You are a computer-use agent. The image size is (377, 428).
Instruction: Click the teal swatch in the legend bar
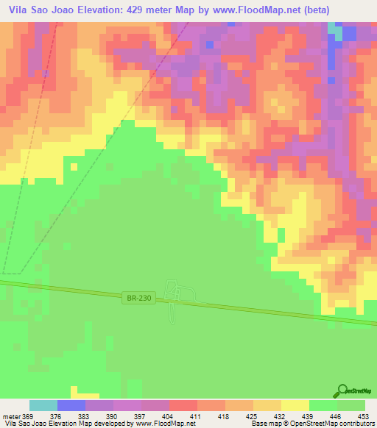43,405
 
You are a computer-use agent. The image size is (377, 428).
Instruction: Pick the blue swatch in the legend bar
71,405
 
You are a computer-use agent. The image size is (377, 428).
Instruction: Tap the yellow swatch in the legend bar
295,405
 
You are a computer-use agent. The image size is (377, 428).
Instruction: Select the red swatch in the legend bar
183,405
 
